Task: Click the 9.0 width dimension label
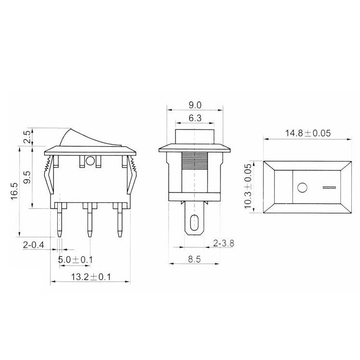(x=195, y=105)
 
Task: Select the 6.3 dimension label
(x=195, y=118)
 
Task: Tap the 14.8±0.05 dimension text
(x=308, y=133)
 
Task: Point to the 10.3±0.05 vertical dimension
(x=248, y=186)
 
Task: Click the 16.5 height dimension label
(x=14, y=192)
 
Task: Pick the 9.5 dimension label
(x=27, y=177)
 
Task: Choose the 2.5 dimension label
(x=27, y=137)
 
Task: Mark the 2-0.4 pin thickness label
(x=33, y=245)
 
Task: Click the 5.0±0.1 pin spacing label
(x=75, y=260)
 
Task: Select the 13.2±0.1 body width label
(x=90, y=277)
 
